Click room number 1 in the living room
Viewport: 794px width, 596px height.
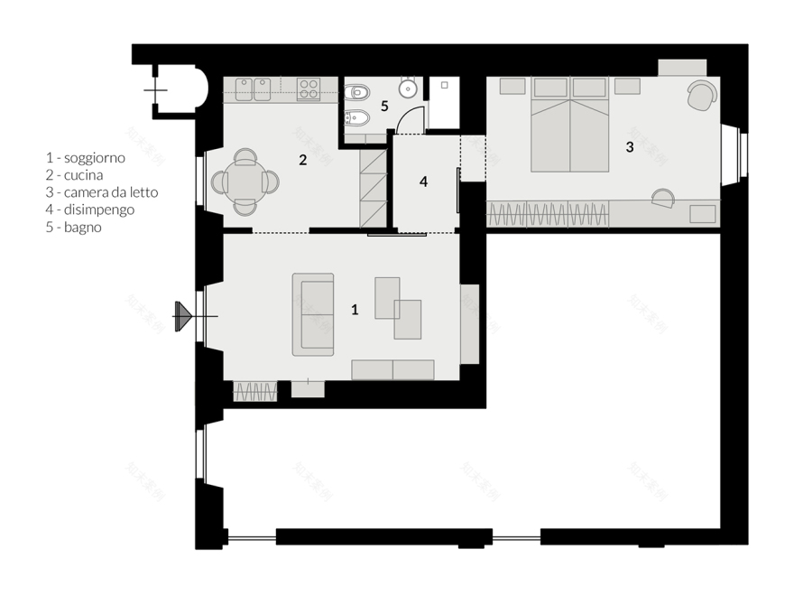click(x=355, y=310)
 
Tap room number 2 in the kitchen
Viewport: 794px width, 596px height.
click(x=303, y=160)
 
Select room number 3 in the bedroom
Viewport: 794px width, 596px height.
click(x=630, y=145)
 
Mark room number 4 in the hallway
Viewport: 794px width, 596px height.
click(x=423, y=182)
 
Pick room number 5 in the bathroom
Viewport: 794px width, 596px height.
click(x=384, y=106)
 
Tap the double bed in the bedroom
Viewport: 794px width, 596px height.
click(x=569, y=126)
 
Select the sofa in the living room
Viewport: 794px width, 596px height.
click(x=313, y=313)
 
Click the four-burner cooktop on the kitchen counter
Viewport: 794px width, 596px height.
click(x=309, y=88)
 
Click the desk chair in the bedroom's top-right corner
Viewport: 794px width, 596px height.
click(x=700, y=95)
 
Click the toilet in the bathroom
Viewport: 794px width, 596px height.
click(x=356, y=91)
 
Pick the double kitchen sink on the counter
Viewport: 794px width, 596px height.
click(x=254, y=88)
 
